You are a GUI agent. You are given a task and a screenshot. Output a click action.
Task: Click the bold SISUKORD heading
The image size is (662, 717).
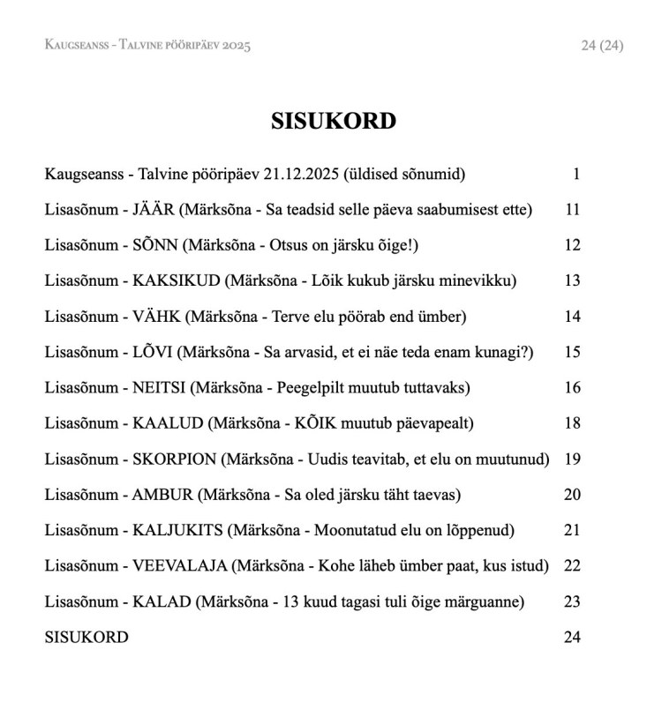tap(334, 122)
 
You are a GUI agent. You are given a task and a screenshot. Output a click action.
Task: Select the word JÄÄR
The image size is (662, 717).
tap(155, 210)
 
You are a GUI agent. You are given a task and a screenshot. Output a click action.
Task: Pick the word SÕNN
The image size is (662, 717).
tap(158, 245)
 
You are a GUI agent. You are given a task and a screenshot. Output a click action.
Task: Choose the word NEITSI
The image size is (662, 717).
tap(160, 387)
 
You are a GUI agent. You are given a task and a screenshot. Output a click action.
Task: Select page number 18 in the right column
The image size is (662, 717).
tap(572, 423)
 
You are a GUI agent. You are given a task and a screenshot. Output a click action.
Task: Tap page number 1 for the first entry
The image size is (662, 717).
tap(576, 174)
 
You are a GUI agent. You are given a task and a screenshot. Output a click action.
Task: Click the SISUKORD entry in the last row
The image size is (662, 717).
tap(86, 637)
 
